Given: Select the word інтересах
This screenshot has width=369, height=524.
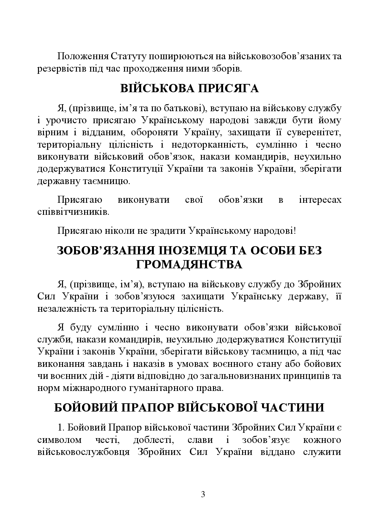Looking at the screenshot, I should pyautogui.click(x=320, y=200).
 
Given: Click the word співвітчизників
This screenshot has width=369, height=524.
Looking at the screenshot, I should pyautogui.click(x=73, y=212).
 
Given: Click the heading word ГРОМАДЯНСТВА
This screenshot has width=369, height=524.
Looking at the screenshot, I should pyautogui.click(x=189, y=265).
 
